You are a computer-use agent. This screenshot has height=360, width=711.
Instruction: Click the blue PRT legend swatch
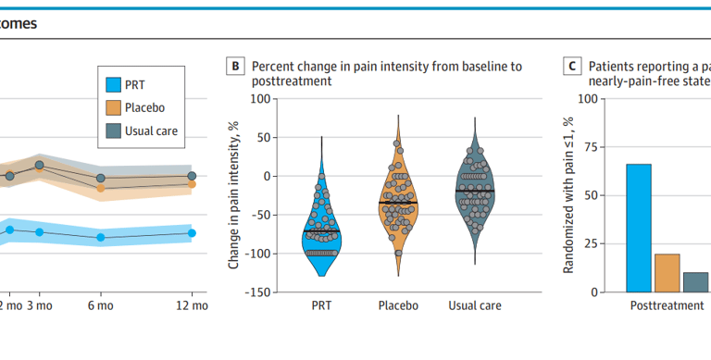coord(113,84)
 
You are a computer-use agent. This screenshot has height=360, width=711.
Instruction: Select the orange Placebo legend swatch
coord(113,107)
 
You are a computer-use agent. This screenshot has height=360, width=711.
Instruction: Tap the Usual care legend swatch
coord(113,130)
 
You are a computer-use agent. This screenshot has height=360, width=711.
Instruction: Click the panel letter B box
coord(236,67)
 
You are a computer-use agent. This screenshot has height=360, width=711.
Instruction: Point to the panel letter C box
coord(573,67)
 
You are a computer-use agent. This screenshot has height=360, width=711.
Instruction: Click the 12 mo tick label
coord(192,305)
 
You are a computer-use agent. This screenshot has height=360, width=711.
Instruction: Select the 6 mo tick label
coord(100,305)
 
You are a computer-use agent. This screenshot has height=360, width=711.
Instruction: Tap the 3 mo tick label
coord(38,305)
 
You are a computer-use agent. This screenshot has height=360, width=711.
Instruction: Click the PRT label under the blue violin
coord(322,305)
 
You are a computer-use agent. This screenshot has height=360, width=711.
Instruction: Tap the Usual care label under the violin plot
coord(475,305)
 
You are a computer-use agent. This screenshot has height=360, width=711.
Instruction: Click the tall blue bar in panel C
coord(638,228)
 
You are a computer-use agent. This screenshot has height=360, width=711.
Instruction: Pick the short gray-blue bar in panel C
coord(695,282)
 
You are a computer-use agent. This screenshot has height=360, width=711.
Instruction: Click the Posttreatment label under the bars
coord(667,305)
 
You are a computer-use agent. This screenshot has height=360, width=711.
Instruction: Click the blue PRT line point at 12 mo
coord(192,233)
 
